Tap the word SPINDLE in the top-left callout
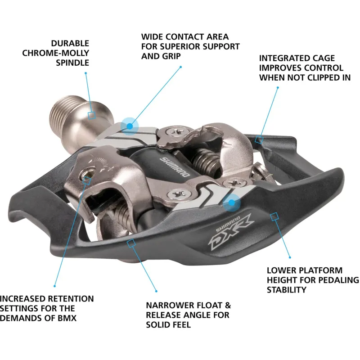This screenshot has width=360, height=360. click(72, 63)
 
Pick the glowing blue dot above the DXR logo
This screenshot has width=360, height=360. click(232, 202)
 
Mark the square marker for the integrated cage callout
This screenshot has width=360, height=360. click(258, 139)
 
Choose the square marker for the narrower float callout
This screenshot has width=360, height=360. click(131, 243)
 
